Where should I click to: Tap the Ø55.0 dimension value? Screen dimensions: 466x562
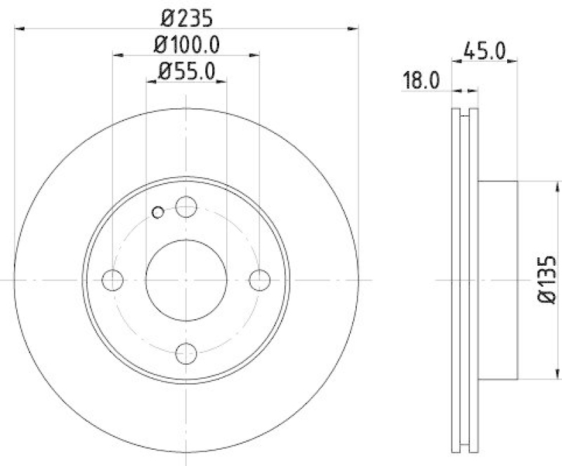186,71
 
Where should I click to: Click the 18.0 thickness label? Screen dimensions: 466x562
421,79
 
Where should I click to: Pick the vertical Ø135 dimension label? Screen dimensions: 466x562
548,280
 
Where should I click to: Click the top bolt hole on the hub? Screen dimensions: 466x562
186,207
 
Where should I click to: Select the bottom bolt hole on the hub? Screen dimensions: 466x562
186,353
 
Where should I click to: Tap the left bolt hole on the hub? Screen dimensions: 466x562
112,280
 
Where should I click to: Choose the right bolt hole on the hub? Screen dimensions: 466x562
259,280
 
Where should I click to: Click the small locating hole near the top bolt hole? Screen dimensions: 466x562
158,212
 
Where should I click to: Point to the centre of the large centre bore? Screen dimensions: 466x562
186,280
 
